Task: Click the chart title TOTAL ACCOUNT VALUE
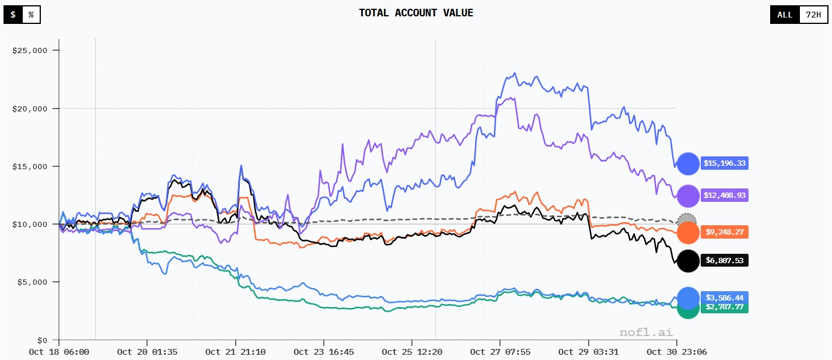[416, 13]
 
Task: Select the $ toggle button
[13, 15]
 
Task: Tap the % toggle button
[31, 15]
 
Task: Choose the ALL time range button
[785, 15]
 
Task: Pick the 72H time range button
[813, 15]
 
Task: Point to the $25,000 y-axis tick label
[29, 51]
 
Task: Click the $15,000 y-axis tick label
[29, 167]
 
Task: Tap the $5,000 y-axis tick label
[32, 282]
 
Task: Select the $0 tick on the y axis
[42, 340]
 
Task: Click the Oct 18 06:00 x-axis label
[59, 352]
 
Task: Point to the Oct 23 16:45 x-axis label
[323, 352]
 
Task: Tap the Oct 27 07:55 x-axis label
[500, 352]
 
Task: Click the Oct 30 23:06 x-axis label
[676, 352]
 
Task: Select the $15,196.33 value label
[724, 163]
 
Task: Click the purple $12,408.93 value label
[724, 195]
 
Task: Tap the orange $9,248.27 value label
[724, 232]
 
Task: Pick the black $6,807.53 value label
[724, 260]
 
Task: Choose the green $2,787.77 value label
[724, 307]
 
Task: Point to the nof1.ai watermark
[645, 333]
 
